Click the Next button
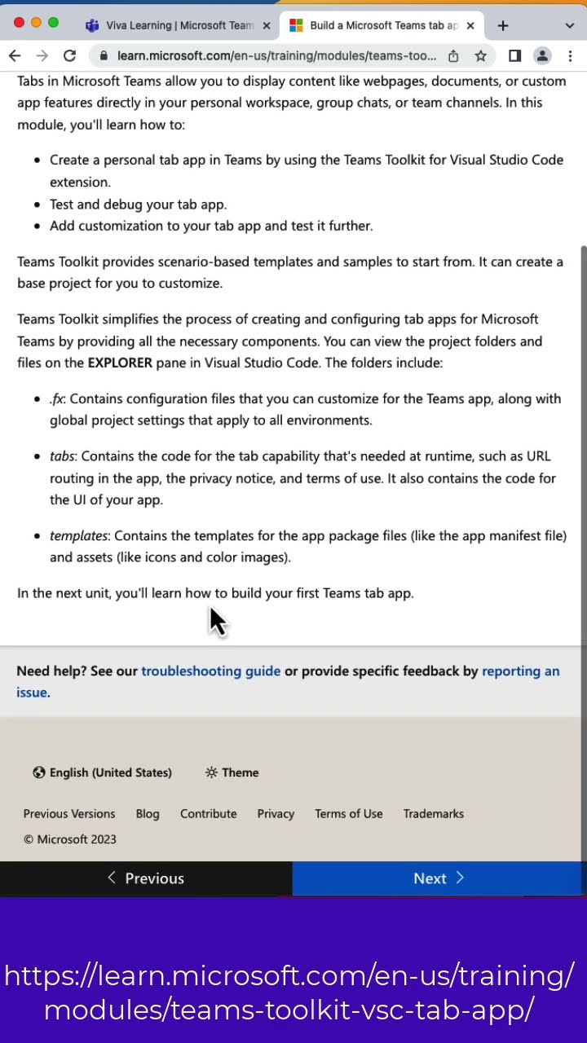(439, 878)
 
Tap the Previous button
(146, 878)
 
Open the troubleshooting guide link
(210, 671)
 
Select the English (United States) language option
(103, 772)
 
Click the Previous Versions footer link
(69, 813)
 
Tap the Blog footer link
(148, 813)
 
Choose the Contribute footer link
(208, 813)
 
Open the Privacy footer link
(276, 813)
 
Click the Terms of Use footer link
(348, 813)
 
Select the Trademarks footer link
(433, 813)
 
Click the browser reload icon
(69, 55)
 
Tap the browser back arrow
(15, 55)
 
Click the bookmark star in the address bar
(481, 55)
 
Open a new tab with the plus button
(502, 25)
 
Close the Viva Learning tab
(266, 25)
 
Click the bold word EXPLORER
(120, 363)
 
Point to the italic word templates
(79, 535)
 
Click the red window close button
(19, 22)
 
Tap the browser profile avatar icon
(541, 55)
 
